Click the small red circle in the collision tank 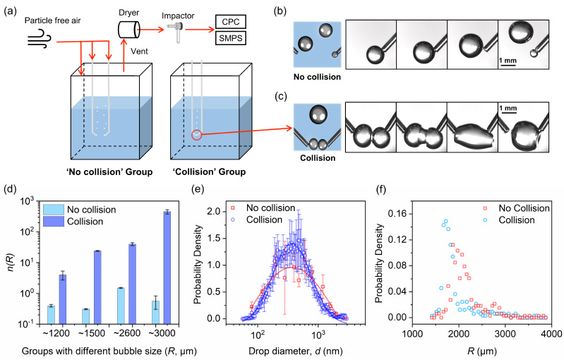(197, 133)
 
